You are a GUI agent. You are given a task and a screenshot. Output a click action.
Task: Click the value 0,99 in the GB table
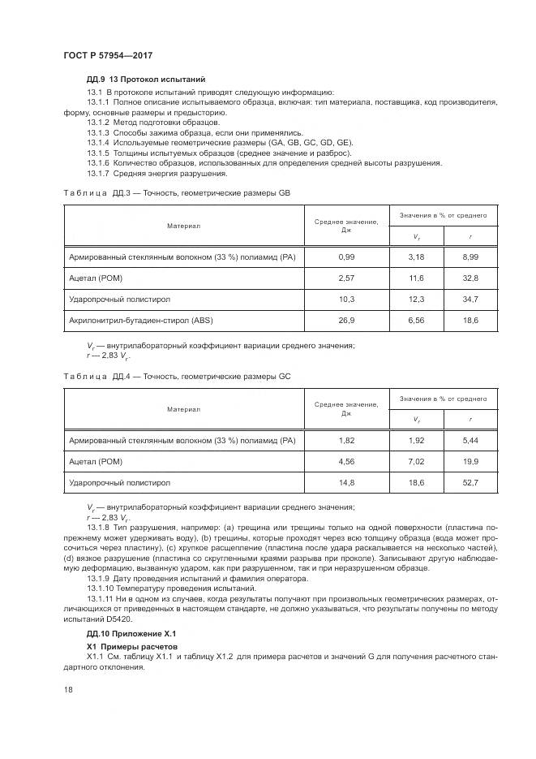coord(347,257)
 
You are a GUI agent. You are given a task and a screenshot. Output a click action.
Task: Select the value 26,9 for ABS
coord(347,321)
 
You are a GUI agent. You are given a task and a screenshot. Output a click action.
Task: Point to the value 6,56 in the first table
coord(417,321)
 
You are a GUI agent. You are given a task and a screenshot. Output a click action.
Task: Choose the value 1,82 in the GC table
coord(347,440)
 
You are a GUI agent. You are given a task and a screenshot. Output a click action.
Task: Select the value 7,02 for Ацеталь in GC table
coord(417,461)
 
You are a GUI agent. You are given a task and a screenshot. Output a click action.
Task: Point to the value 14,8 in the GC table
coord(347,482)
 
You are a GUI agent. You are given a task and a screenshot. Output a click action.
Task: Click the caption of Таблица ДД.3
coord(176,194)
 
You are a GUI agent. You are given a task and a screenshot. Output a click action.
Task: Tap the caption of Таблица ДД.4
coord(176,377)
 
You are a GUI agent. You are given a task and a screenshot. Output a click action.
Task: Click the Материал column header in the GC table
coord(184,408)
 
